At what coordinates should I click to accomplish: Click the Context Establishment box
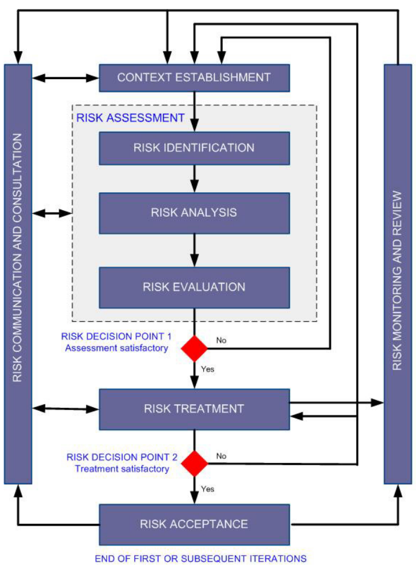[194, 77]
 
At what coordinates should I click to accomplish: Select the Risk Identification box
[194, 148]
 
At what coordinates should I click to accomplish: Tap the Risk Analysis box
[194, 213]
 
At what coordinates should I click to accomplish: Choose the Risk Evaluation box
[194, 287]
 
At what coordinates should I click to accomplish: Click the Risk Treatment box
[194, 409]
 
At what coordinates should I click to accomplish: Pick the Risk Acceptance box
[194, 524]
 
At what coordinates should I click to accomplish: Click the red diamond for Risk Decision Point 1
[194, 348]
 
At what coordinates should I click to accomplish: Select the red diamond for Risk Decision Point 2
[194, 463]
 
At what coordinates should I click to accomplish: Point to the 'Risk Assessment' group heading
[130, 118]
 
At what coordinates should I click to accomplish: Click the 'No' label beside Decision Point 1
[221, 340]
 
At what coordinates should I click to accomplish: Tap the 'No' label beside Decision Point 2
[221, 456]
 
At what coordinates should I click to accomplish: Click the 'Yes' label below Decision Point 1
[207, 369]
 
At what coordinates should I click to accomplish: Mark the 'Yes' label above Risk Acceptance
[207, 489]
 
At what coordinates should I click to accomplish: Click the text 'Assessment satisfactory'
[117, 348]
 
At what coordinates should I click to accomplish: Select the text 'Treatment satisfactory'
[122, 469]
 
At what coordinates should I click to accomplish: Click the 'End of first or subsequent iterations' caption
[200, 559]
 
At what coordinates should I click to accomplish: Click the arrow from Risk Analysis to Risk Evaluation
[194, 250]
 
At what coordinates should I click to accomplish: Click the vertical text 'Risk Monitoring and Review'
[397, 281]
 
